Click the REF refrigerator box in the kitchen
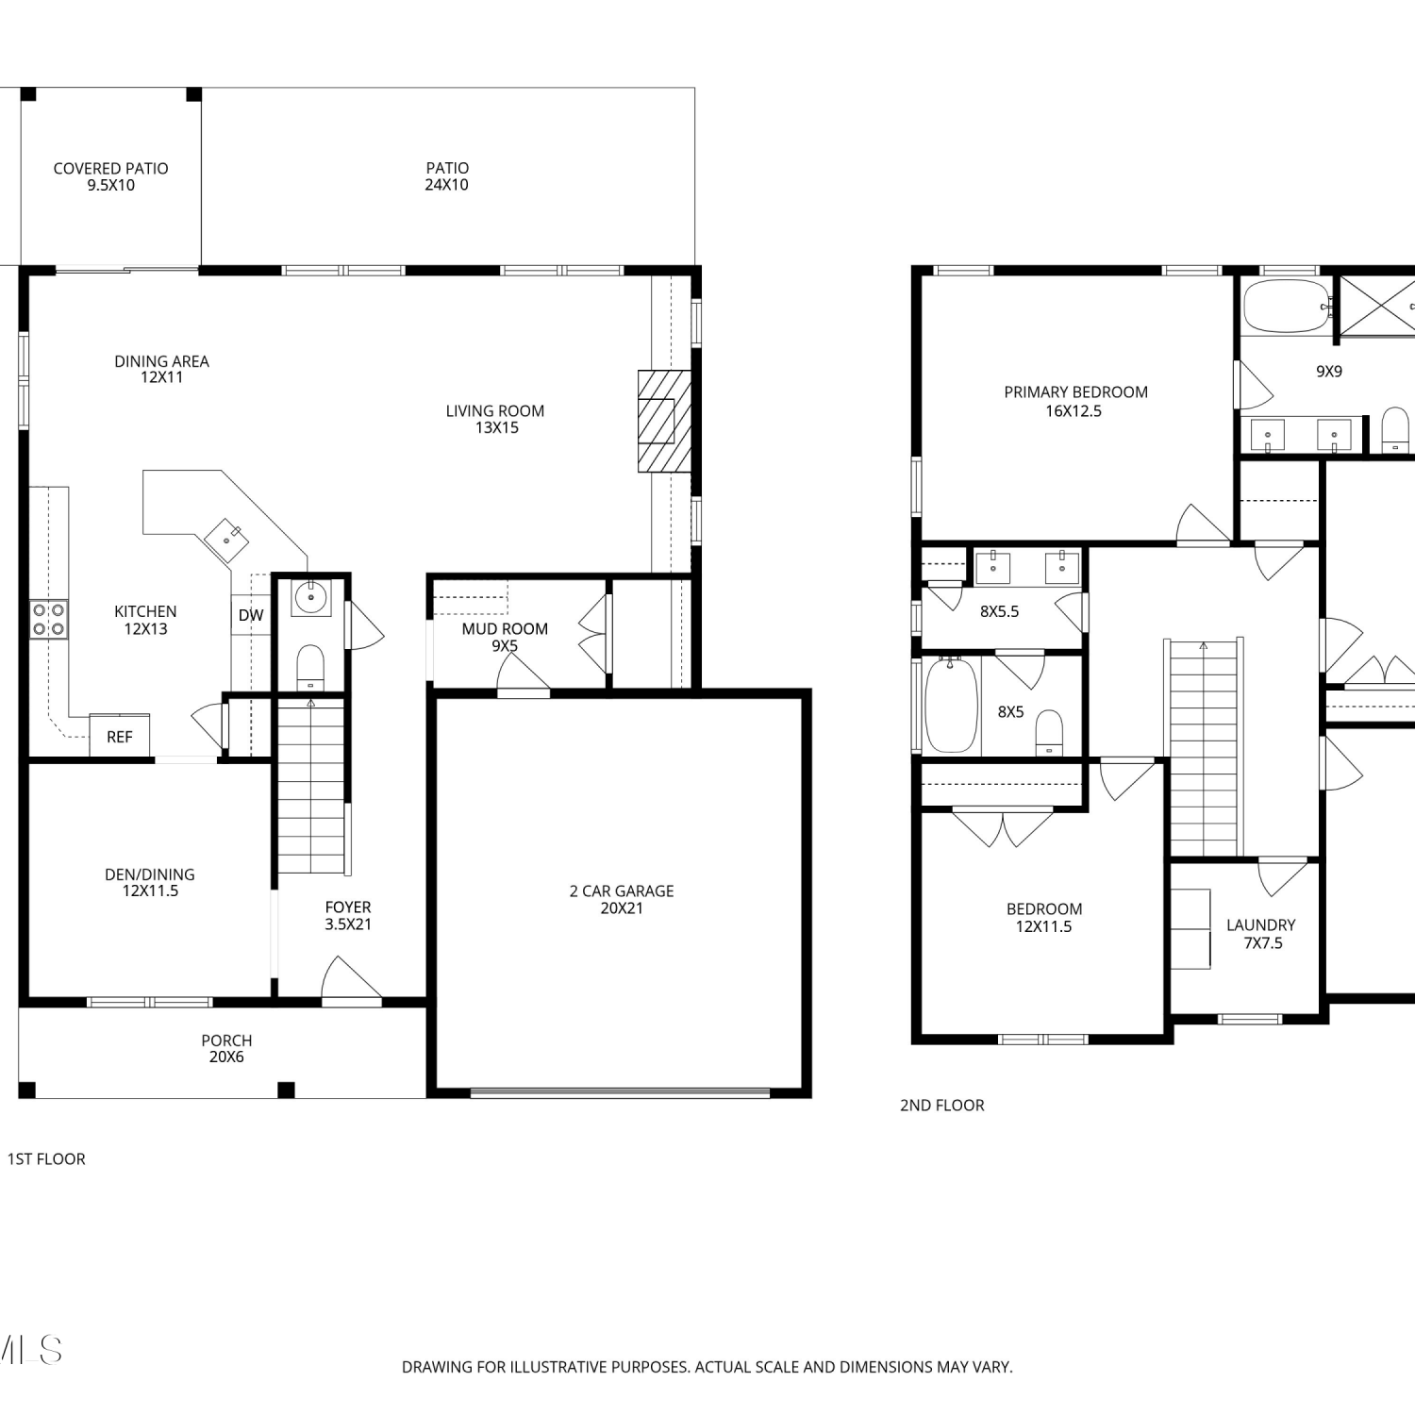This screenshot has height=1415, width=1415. click(120, 736)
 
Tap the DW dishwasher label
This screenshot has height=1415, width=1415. click(251, 615)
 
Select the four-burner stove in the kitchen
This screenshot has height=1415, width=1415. click(49, 619)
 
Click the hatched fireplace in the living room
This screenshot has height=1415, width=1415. click(664, 421)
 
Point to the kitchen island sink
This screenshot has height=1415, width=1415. click(226, 541)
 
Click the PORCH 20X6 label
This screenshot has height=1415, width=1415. click(226, 1048)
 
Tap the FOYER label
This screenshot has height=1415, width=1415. click(348, 907)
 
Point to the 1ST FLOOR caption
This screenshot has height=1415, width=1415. click(46, 1158)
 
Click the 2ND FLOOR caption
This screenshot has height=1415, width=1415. click(941, 1105)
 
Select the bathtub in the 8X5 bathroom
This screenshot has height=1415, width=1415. click(951, 705)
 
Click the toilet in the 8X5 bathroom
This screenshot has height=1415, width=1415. click(1049, 734)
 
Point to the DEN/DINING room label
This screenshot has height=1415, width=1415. click(150, 882)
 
